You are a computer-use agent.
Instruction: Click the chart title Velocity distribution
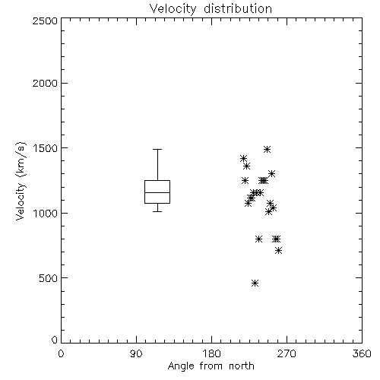[211, 9]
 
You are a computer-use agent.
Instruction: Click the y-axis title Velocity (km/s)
[21, 181]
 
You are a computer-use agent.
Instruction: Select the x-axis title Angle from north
[211, 366]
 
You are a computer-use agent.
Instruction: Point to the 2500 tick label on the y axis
[45, 21]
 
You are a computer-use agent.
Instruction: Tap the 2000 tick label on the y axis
[45, 83]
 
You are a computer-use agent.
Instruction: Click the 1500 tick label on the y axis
[45, 148]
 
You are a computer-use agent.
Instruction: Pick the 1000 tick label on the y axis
[45, 213]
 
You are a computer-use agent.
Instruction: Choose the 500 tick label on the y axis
[48, 278]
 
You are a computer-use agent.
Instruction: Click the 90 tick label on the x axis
[136, 353]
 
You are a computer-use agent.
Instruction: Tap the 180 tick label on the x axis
[211, 353]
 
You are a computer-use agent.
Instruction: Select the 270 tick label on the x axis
[287, 353]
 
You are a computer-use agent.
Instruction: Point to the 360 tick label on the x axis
[362, 353]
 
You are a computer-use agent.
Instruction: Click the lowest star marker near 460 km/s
[255, 283]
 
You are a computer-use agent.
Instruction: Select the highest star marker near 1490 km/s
[267, 149]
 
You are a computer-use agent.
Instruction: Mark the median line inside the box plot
[157, 192]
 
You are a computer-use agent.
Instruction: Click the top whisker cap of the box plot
[157, 150]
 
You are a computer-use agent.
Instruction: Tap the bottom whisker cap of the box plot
[157, 211]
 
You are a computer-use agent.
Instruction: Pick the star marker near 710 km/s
[279, 251]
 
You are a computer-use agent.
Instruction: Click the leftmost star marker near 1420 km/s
[243, 159]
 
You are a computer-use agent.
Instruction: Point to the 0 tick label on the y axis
[55, 340]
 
